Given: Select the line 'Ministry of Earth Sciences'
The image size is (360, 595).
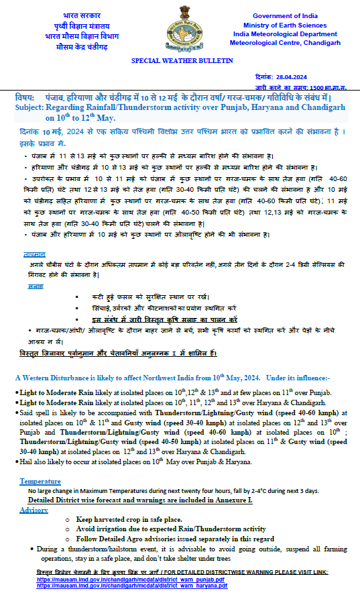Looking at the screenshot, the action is [x=285, y=25].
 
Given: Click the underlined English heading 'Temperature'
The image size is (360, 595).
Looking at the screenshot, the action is [x=40, y=482].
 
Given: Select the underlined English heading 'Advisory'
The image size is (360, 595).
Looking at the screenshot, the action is [x=34, y=510].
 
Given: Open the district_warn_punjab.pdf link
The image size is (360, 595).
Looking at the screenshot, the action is [x=131, y=579].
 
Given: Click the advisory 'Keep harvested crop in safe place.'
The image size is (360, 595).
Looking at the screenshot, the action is [x=129, y=519].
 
